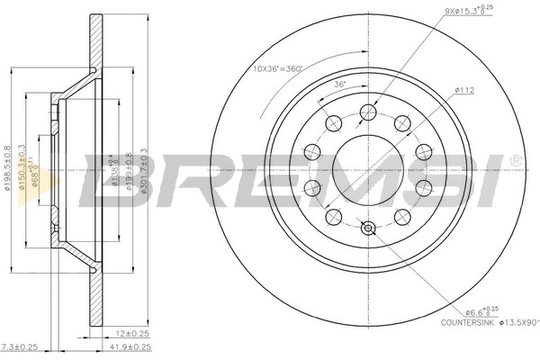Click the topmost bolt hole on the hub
click(x=366, y=111)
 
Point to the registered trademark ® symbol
click(x=515, y=159)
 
